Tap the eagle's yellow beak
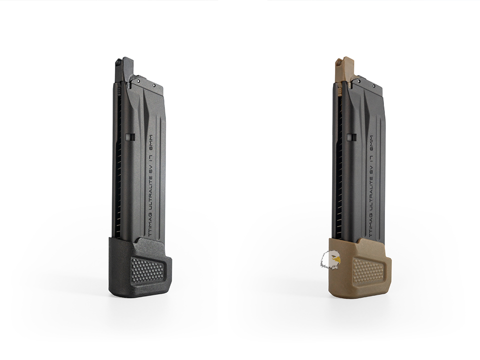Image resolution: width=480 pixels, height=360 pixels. (x=336, y=259)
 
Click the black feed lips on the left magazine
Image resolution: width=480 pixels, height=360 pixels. (x=124, y=69)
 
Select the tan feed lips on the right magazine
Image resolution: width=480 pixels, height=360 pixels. (x=344, y=69)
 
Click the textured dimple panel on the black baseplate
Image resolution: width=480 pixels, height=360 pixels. (x=146, y=268)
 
